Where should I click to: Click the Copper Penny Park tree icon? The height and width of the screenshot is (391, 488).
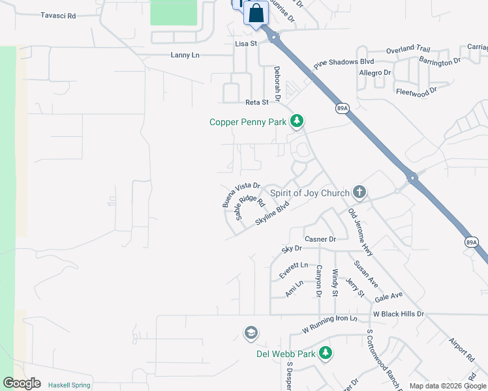(x=297, y=121)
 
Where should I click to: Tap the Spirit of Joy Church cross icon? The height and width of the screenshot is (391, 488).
(x=358, y=192)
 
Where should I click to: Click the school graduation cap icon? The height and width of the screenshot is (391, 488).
(x=250, y=334)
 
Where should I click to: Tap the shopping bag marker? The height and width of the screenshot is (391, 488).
(x=256, y=13)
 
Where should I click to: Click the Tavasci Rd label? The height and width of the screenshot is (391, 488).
(x=58, y=15)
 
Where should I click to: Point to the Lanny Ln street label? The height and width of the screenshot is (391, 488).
(x=185, y=55)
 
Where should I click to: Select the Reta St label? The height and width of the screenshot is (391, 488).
(x=256, y=102)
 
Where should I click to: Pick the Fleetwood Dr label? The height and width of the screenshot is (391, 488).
(x=416, y=93)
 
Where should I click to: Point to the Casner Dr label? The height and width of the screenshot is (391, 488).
(x=320, y=239)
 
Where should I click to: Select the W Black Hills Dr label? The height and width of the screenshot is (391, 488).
(x=398, y=313)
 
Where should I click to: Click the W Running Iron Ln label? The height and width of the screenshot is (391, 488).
(x=330, y=324)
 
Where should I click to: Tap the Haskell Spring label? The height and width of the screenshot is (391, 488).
(x=69, y=385)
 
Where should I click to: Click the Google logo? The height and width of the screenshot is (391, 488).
(x=22, y=383)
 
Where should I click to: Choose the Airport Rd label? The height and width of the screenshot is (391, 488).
(x=461, y=350)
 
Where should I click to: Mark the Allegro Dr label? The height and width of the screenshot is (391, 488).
(x=375, y=72)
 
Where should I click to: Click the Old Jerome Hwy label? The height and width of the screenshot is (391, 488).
(x=360, y=232)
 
